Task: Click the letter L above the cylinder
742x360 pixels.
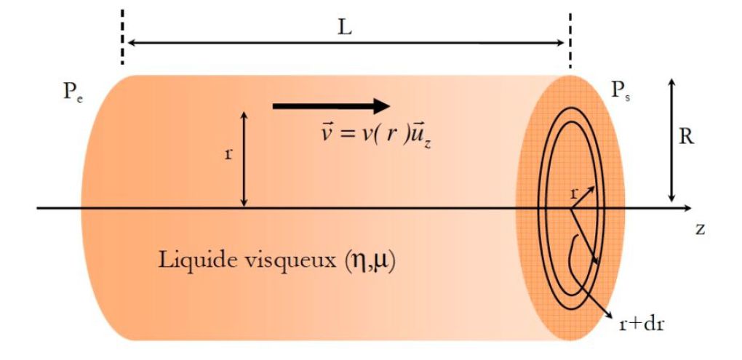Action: pos(346,28)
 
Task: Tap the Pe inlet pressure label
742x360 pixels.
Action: pos(73,92)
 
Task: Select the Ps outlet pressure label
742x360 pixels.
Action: pos(622,90)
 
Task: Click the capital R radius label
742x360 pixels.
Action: pos(686,137)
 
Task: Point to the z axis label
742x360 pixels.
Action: pos(701,229)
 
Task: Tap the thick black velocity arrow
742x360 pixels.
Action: pos(331,106)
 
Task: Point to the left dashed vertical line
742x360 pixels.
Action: pos(122,37)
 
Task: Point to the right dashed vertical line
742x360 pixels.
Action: pos(570,41)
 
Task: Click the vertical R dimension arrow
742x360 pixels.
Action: pos(671,140)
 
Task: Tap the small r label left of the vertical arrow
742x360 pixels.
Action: pos(228,154)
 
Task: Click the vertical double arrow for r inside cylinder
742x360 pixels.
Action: pos(244,159)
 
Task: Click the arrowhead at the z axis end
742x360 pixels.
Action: pos(687,208)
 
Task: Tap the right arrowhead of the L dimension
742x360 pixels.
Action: pos(560,43)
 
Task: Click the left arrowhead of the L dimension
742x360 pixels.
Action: pos(133,43)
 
